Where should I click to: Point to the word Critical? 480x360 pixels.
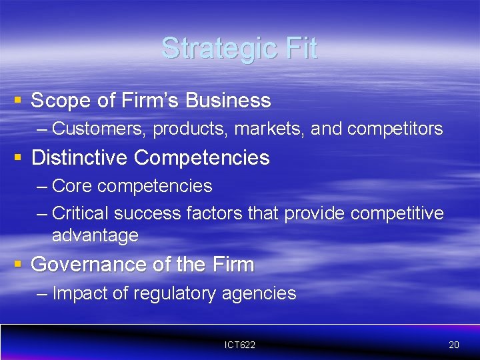(80, 213)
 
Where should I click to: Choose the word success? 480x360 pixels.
(147, 213)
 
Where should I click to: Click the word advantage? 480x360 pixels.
(95, 235)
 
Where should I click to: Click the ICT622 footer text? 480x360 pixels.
(240, 345)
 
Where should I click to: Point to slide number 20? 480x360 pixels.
(454, 345)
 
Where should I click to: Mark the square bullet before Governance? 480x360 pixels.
(18, 263)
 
